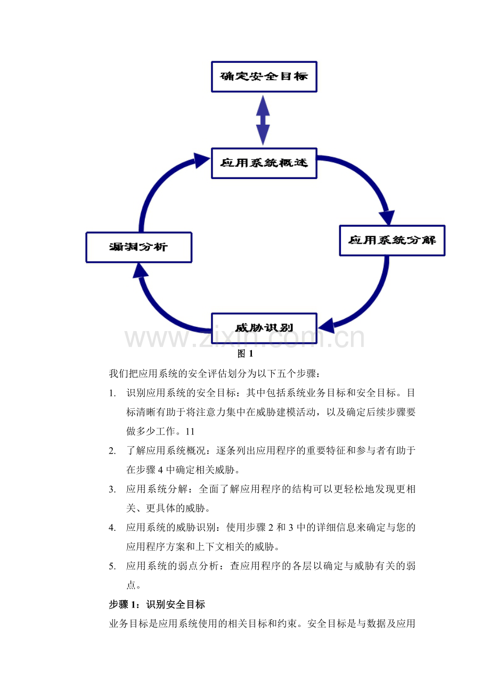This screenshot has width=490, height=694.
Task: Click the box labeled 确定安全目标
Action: (264, 77)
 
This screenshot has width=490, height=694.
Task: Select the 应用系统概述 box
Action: (264, 163)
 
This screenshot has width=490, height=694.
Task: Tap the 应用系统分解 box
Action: (391, 240)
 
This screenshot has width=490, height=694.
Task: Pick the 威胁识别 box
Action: (264, 327)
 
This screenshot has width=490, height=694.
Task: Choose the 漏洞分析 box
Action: (138, 247)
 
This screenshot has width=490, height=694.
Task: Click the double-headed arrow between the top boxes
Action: (263, 120)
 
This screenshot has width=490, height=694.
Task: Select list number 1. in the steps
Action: (112, 394)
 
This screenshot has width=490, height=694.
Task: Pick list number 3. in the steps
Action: (112, 489)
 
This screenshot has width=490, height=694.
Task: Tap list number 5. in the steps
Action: (112, 566)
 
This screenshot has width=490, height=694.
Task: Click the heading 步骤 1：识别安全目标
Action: (157, 604)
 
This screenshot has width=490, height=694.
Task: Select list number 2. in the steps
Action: (112, 451)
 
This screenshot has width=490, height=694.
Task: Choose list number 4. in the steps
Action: (112, 528)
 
